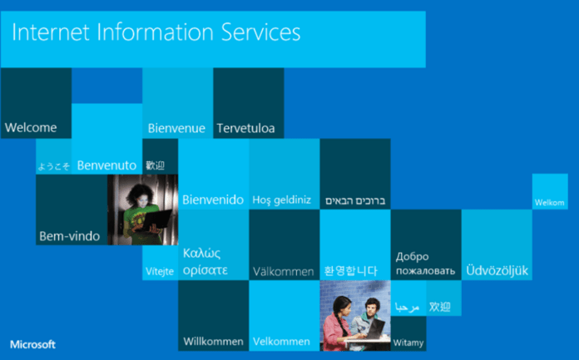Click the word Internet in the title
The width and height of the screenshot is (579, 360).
[51, 32]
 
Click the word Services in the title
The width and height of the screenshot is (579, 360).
[260, 32]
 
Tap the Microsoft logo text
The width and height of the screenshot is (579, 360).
[33, 344]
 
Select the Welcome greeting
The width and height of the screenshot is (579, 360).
[31, 127]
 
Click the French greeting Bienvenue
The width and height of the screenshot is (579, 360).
[176, 128]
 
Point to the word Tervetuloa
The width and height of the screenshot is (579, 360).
[245, 128]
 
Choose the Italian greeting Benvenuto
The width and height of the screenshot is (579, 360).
[106, 165]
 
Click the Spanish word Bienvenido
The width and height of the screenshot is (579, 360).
[213, 200]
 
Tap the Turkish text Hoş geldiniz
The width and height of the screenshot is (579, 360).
[282, 200]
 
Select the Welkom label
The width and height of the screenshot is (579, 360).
[549, 202]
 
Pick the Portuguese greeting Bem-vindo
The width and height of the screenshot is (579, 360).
[69, 236]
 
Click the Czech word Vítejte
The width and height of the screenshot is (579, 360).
[160, 271]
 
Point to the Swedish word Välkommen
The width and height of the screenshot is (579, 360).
[283, 272]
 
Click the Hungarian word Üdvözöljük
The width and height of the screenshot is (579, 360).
[497, 270]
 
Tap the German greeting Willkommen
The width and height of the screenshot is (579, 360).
[213, 341]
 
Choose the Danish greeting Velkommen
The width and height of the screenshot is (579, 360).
[281, 341]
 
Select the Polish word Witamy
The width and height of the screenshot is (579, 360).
[408, 343]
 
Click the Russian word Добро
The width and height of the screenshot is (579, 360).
[412, 256]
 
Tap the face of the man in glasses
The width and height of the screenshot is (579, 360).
[372, 306]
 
